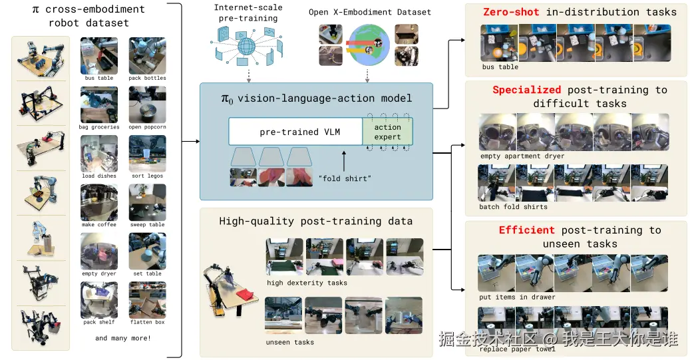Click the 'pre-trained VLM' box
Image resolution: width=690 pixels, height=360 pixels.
pos(295,132)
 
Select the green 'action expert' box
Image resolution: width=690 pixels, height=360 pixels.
pos(387,132)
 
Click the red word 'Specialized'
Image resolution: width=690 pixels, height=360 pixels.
pos(527,90)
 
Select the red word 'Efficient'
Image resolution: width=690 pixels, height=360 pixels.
pos(526,230)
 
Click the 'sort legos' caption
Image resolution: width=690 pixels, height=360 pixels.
pos(147,176)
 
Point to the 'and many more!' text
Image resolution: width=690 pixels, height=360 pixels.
pos(123,338)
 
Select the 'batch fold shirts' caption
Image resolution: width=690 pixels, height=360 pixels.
pos(513,207)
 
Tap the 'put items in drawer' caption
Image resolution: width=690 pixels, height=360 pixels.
pos(516,297)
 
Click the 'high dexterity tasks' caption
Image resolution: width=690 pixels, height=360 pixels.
pos(307,283)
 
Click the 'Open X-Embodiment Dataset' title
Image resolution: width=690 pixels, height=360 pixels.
pos(370,12)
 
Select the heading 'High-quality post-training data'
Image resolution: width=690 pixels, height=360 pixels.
pos(315,221)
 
